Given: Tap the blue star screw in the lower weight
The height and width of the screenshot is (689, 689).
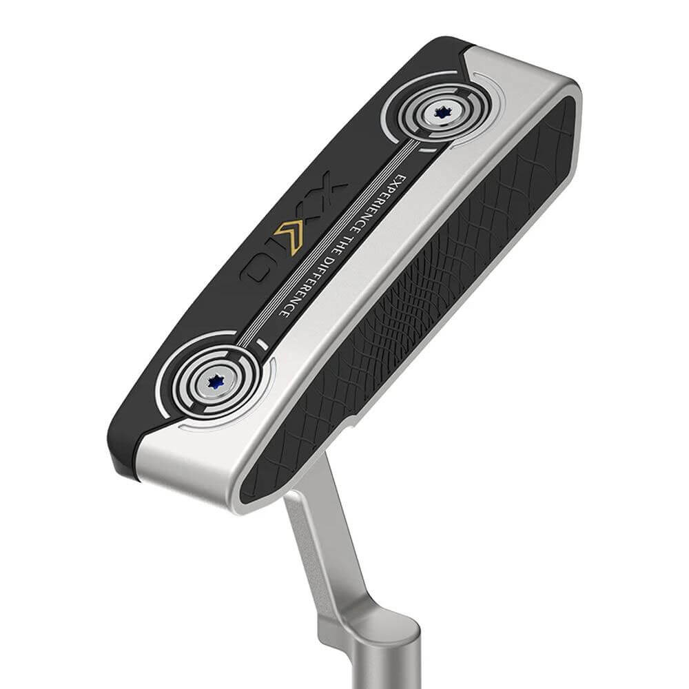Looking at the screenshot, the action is tap(215, 380).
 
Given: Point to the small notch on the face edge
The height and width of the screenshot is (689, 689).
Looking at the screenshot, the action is tap(351, 419).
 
